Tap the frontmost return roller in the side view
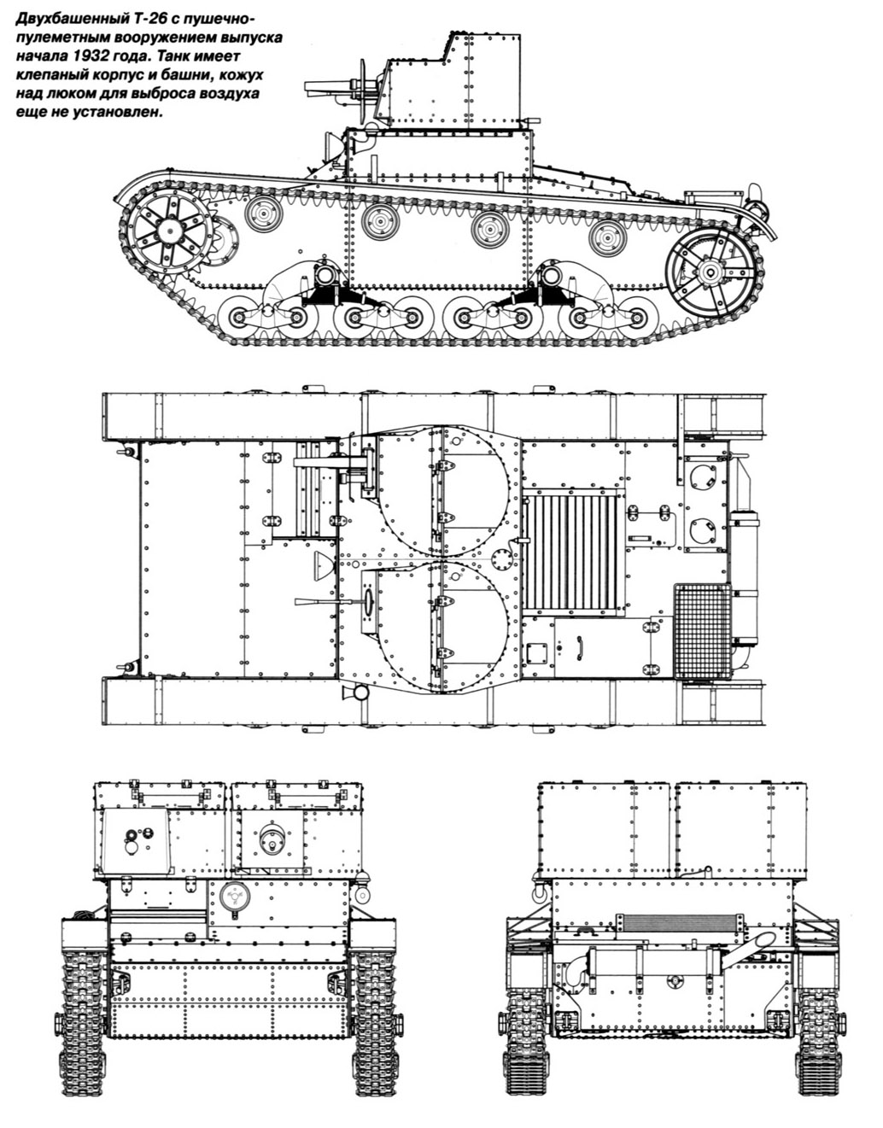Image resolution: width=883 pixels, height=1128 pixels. [x=263, y=213]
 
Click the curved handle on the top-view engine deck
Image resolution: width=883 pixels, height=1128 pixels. [x=580, y=646]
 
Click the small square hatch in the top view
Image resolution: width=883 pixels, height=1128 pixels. [x=537, y=652]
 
